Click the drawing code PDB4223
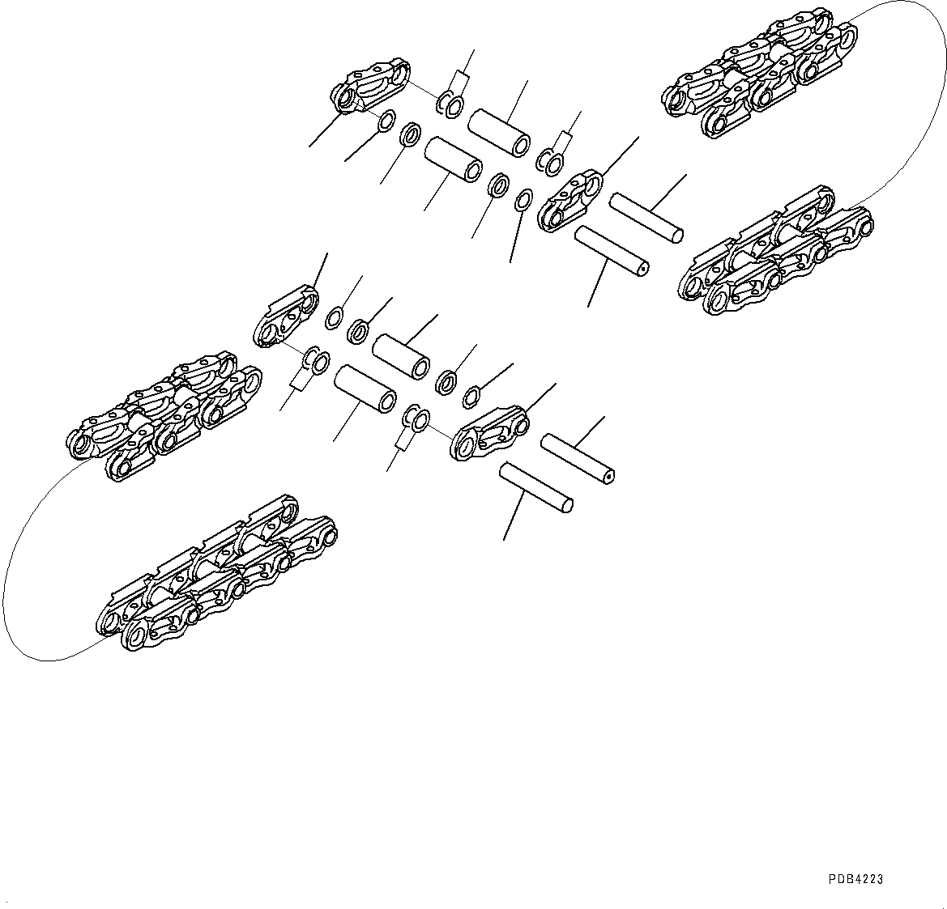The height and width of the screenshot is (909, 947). pyautogui.click(x=855, y=879)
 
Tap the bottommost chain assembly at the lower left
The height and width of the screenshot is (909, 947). pyautogui.click(x=215, y=576)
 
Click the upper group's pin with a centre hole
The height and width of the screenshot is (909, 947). pyautogui.click(x=612, y=257)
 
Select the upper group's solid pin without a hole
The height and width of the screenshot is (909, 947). pyautogui.click(x=646, y=216)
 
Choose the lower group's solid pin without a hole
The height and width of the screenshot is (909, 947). pyautogui.click(x=537, y=487)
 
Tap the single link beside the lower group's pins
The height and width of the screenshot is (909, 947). pyautogui.click(x=490, y=432)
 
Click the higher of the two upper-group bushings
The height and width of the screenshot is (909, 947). pyautogui.click(x=500, y=130)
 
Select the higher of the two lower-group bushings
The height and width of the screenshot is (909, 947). pyautogui.click(x=400, y=356)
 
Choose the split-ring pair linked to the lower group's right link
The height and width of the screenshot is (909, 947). pyautogui.click(x=417, y=417)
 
